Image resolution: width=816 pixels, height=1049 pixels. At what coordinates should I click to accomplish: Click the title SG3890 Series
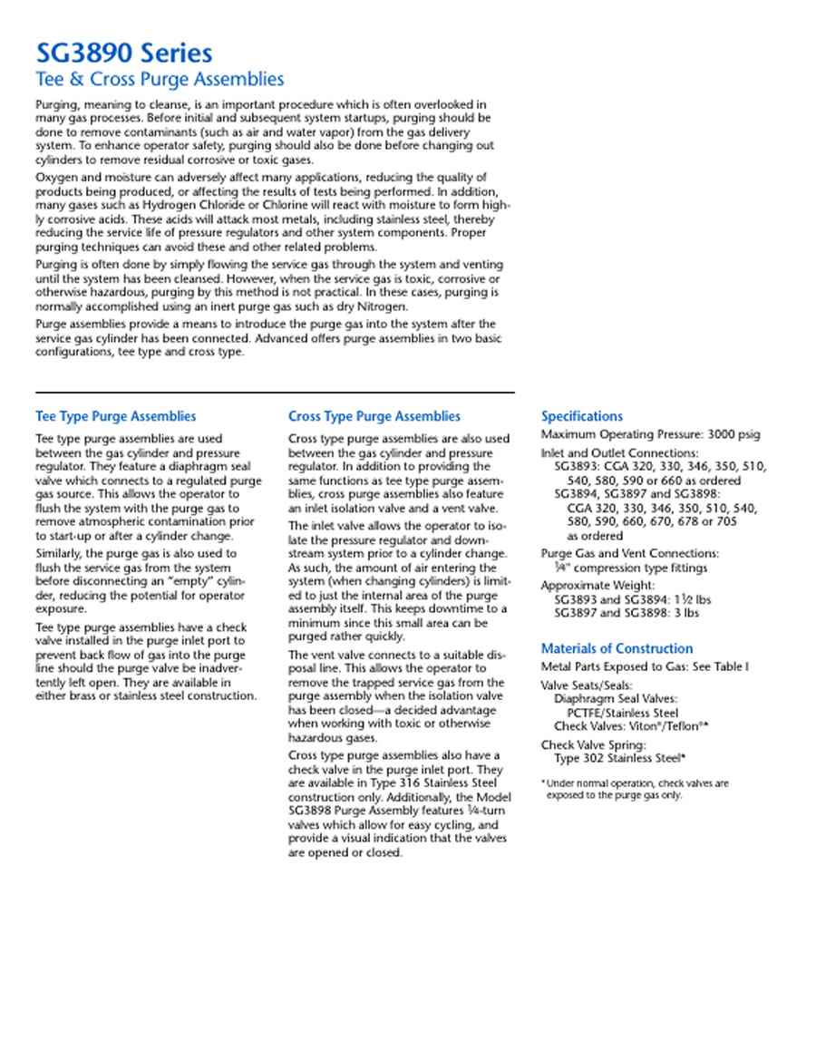click(124, 53)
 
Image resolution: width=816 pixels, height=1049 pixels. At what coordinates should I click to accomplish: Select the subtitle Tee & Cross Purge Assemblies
click(159, 79)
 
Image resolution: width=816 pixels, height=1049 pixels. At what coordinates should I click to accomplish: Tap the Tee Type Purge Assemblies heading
click(115, 416)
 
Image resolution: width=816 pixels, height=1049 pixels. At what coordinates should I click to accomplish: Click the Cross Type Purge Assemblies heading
click(374, 416)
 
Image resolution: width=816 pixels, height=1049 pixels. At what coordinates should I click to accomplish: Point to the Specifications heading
click(582, 416)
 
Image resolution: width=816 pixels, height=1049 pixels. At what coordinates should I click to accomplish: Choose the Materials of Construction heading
click(617, 648)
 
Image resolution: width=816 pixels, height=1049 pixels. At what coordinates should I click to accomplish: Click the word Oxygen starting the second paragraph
click(56, 177)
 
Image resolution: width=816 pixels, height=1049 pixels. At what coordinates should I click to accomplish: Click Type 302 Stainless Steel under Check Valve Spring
click(619, 758)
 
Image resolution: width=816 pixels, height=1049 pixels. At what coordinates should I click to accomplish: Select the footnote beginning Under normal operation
click(635, 783)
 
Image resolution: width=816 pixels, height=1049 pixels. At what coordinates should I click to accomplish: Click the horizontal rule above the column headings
click(275, 393)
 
